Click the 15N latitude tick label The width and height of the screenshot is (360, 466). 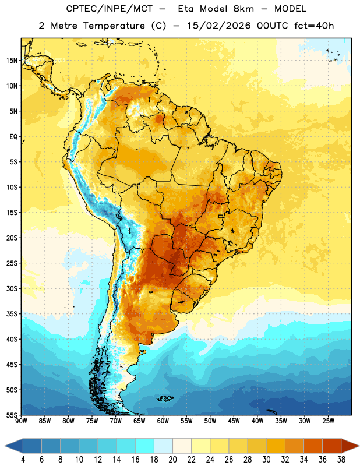tap(12, 61)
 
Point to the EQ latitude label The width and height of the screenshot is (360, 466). tap(13, 137)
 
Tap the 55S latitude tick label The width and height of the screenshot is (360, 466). tap(12, 415)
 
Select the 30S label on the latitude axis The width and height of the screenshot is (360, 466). tap(12, 288)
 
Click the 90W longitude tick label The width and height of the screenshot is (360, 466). tap(21, 421)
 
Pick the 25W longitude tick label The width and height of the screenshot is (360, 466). tap(328, 421)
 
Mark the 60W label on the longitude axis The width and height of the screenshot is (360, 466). tap(163, 421)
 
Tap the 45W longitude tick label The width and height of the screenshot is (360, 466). tap(234, 421)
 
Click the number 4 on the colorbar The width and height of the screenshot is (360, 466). tap(23, 460)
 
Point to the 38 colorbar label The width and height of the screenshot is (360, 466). tap(341, 460)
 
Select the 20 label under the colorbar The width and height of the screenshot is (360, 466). tap(172, 460)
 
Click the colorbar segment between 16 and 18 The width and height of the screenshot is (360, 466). tap(145, 446)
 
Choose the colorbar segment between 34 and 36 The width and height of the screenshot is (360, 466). tap(313, 446)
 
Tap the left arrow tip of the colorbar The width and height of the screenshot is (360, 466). tap(5, 446)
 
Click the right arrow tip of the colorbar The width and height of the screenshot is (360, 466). tap(359, 446)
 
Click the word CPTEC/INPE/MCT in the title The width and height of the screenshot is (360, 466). tap(110, 9)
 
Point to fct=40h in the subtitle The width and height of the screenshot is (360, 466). tap(314, 26)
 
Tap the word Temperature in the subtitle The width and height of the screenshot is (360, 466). tap(114, 26)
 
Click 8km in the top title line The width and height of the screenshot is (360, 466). tap(243, 9)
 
